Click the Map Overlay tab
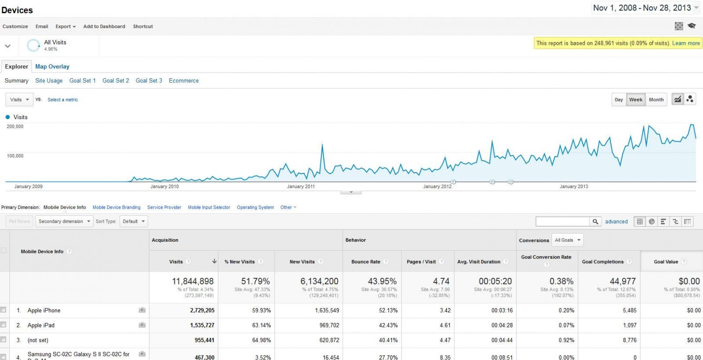click(52, 67)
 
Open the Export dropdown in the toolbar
click(65, 26)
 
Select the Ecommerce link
click(184, 81)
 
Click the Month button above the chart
click(656, 100)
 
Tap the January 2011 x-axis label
click(301, 187)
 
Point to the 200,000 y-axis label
click(15, 127)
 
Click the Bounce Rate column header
click(366, 262)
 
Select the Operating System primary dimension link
click(255, 207)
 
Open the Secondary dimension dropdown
click(64, 222)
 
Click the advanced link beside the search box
click(616, 222)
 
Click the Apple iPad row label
click(41, 326)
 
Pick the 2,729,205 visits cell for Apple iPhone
click(202, 311)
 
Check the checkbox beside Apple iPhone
click(4, 310)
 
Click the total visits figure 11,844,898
click(192, 281)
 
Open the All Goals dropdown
click(567, 240)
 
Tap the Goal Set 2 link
click(116, 81)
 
